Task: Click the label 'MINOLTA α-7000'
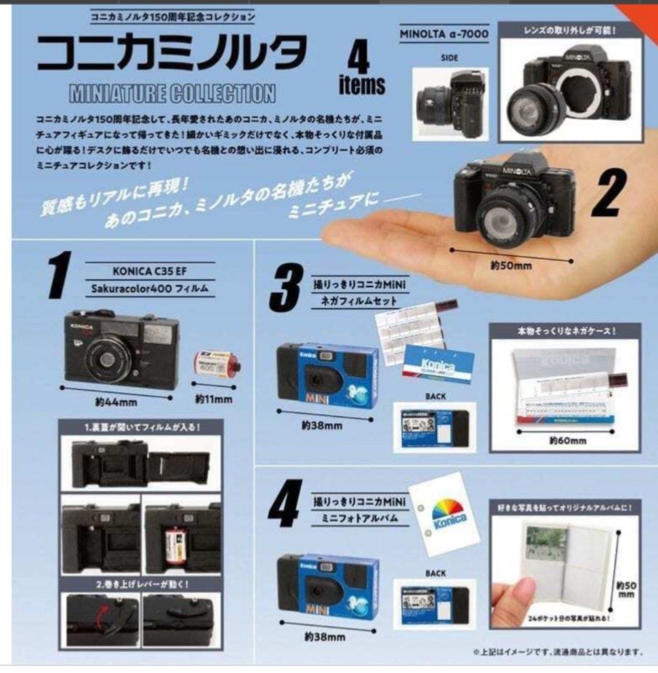444,34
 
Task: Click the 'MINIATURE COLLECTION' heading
172,93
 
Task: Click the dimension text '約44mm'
116,401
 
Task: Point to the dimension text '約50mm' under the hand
510,265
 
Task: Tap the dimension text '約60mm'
563,439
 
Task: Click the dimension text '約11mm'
214,399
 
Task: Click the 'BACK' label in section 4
436,573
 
